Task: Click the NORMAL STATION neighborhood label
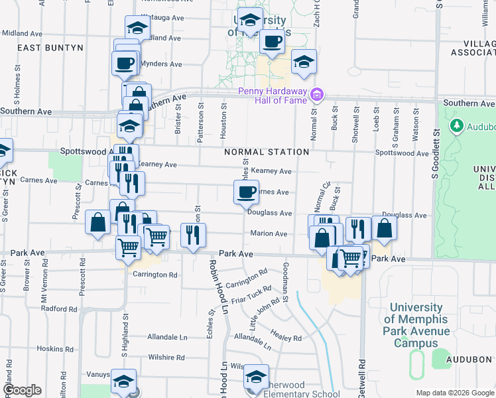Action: tap(267, 152)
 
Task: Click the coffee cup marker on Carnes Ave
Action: tap(246, 193)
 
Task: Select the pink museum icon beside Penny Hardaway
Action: tap(317, 95)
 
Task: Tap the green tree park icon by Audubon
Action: tap(456, 125)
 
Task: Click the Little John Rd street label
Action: tap(264, 314)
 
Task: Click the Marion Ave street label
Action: tap(269, 233)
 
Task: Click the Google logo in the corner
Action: tap(22, 390)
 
